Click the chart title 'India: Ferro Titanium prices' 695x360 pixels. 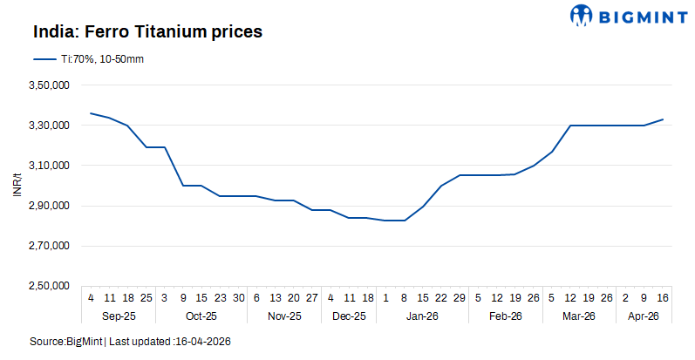148,32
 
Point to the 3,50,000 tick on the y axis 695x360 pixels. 49,85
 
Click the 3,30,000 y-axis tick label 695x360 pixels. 49,126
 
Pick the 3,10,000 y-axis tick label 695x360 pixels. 49,166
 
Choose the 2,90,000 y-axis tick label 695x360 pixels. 49,206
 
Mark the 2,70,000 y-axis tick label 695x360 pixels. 49,246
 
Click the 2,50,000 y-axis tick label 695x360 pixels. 49,286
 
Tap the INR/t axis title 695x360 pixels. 17,185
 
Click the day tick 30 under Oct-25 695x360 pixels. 238,297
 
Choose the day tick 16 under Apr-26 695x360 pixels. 662,297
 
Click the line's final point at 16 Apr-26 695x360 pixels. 663,119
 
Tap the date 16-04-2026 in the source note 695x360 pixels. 203,341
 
